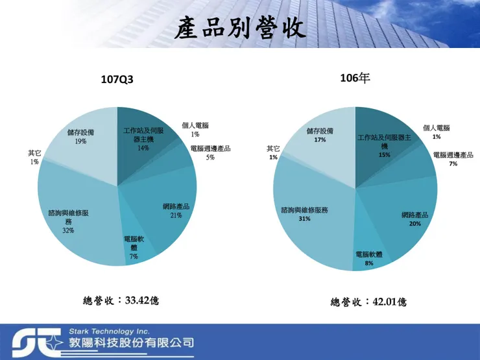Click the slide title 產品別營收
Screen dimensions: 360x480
point(240,29)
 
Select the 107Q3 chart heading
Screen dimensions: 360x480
point(117,80)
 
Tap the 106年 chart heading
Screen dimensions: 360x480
point(355,78)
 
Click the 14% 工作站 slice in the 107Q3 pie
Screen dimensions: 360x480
point(139,136)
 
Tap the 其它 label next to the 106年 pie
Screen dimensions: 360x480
point(273,149)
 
